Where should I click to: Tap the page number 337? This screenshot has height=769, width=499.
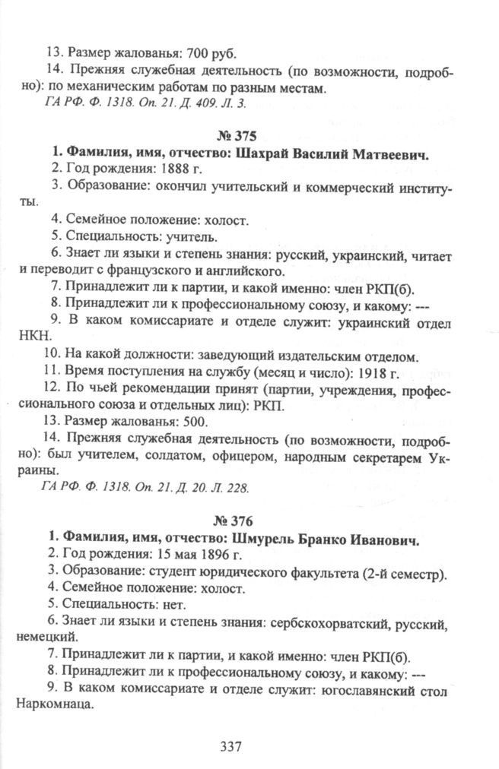230,745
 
